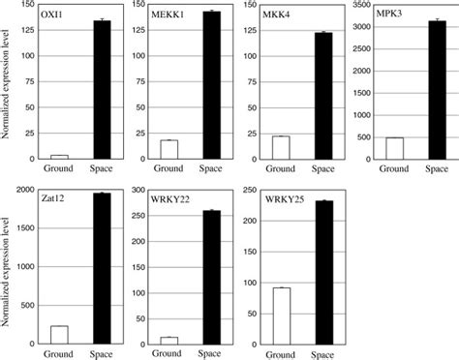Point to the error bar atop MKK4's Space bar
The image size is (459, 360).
(x=321, y=33)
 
